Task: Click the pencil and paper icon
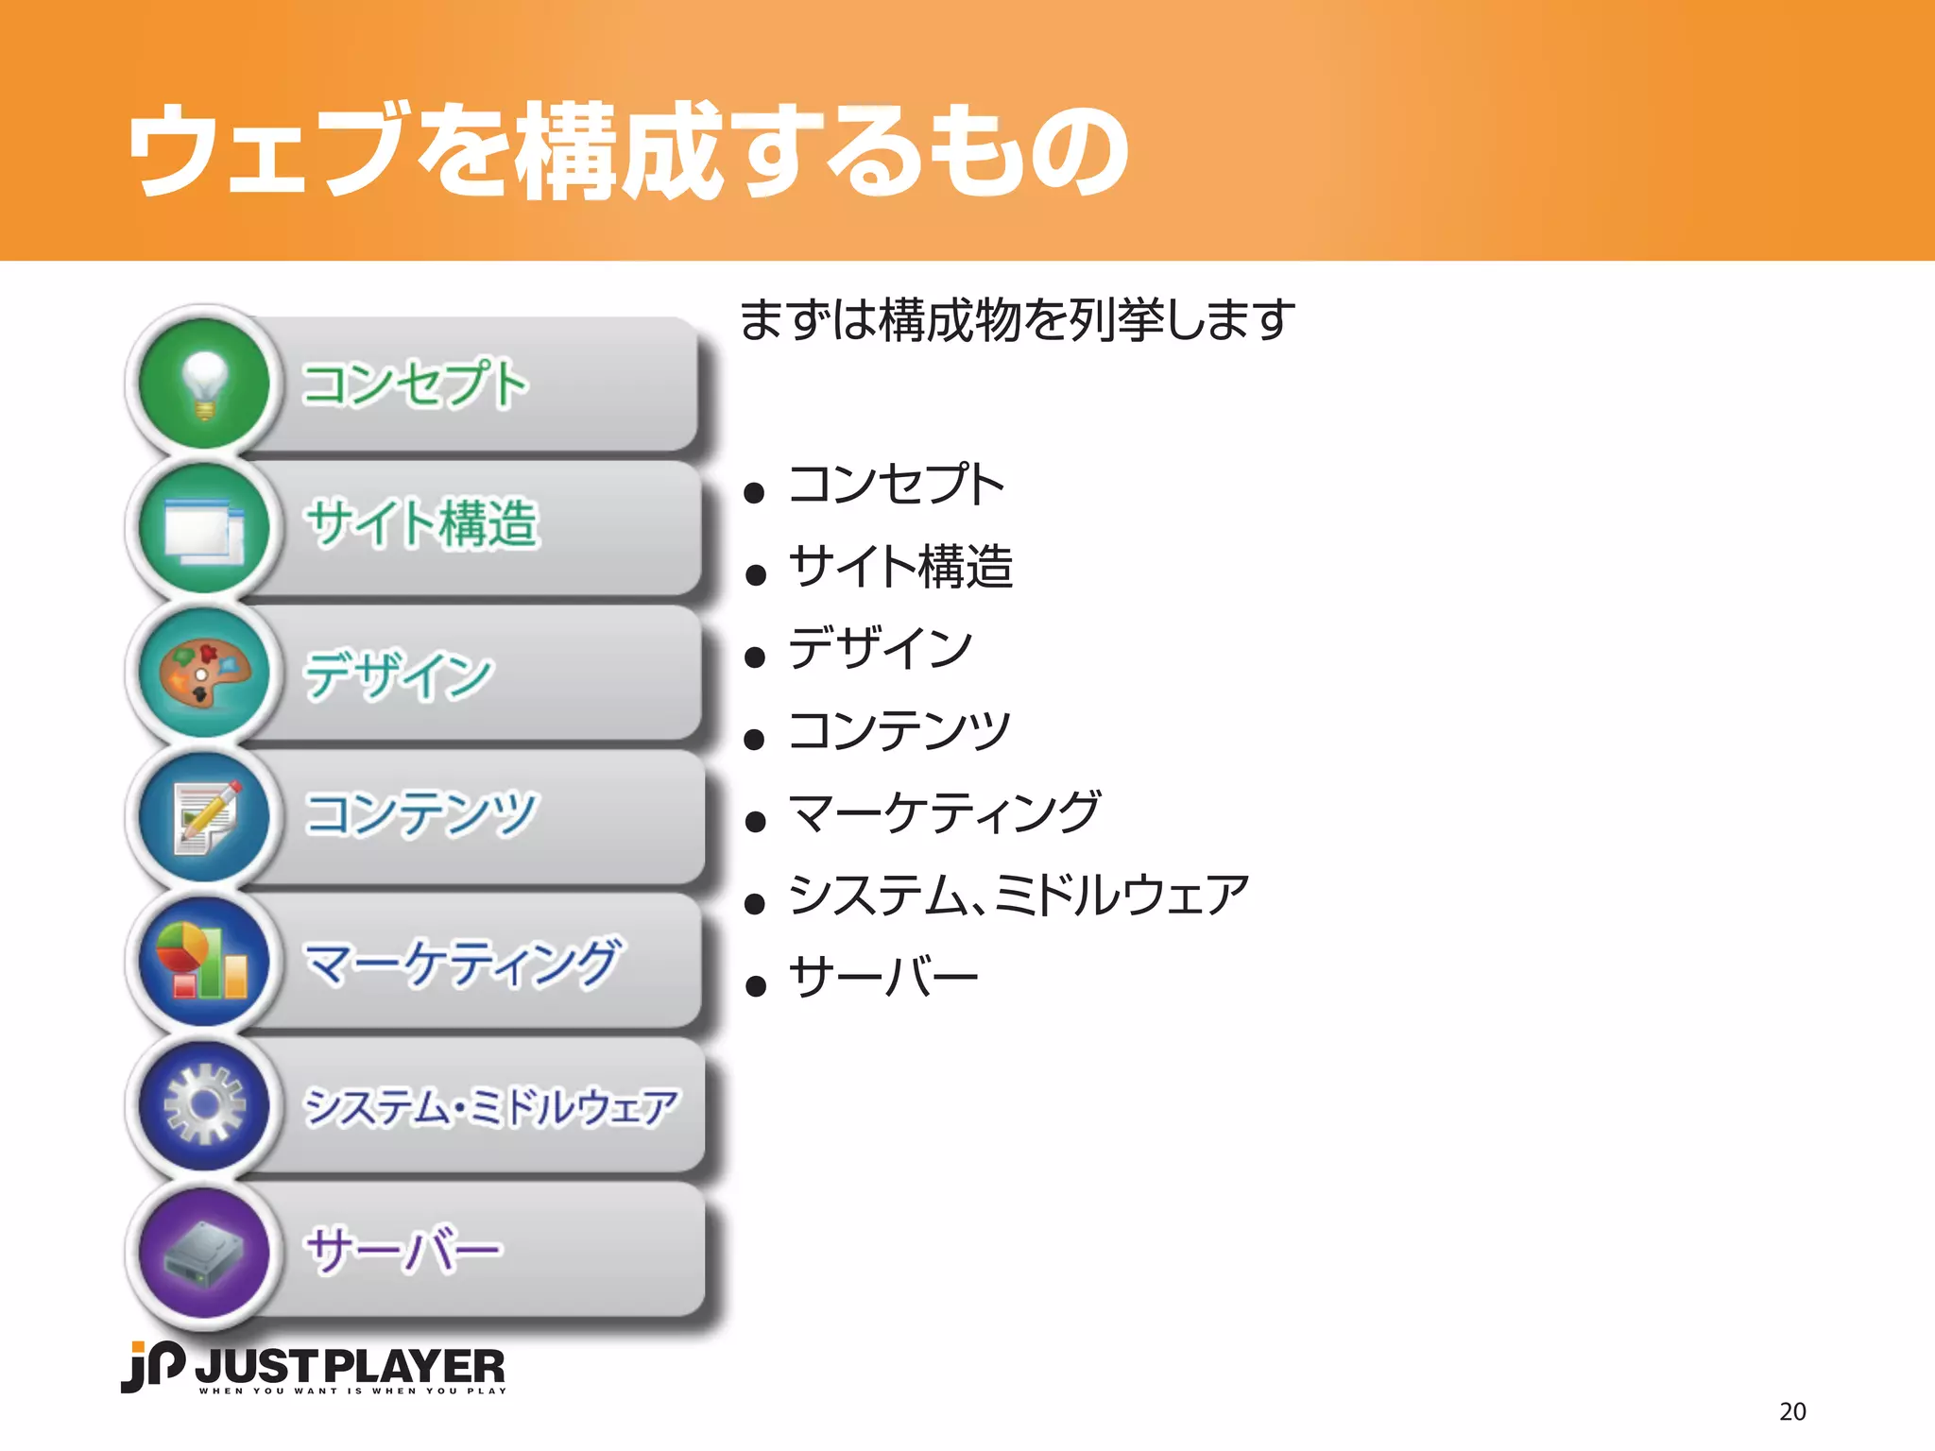click(x=204, y=817)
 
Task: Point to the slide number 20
click(x=1792, y=1411)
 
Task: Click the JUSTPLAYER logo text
click(x=351, y=1367)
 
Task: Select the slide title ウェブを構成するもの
click(x=628, y=151)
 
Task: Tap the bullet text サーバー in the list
click(x=883, y=977)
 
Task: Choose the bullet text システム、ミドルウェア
click(x=1019, y=895)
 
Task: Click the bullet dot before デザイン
click(x=754, y=657)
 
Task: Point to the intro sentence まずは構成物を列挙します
click(x=1017, y=319)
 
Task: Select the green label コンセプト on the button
click(x=414, y=384)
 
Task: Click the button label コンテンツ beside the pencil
click(x=421, y=814)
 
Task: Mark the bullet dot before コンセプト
click(x=754, y=492)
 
